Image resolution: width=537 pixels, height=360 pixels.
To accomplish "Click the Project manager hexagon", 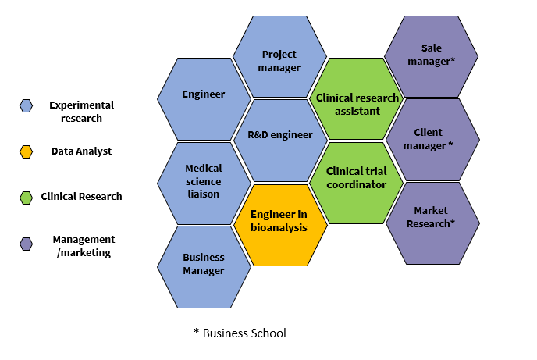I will tap(280, 59).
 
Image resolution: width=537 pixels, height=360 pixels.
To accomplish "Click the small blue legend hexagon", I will tap(26, 105).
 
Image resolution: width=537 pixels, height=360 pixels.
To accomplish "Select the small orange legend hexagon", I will tap(26, 151).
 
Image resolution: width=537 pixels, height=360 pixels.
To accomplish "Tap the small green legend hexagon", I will tap(26, 197).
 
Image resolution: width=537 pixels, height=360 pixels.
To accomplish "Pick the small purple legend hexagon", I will tap(26, 244).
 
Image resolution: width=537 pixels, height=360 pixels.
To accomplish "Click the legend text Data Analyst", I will tap(82, 151).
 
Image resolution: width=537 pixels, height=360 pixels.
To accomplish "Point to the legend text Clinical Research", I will tap(82, 197).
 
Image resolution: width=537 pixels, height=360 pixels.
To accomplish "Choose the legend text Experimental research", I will tap(82, 112).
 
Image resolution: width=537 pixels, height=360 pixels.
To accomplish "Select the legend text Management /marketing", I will tap(84, 246).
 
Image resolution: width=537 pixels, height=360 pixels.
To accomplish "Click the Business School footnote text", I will tap(240, 333).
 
